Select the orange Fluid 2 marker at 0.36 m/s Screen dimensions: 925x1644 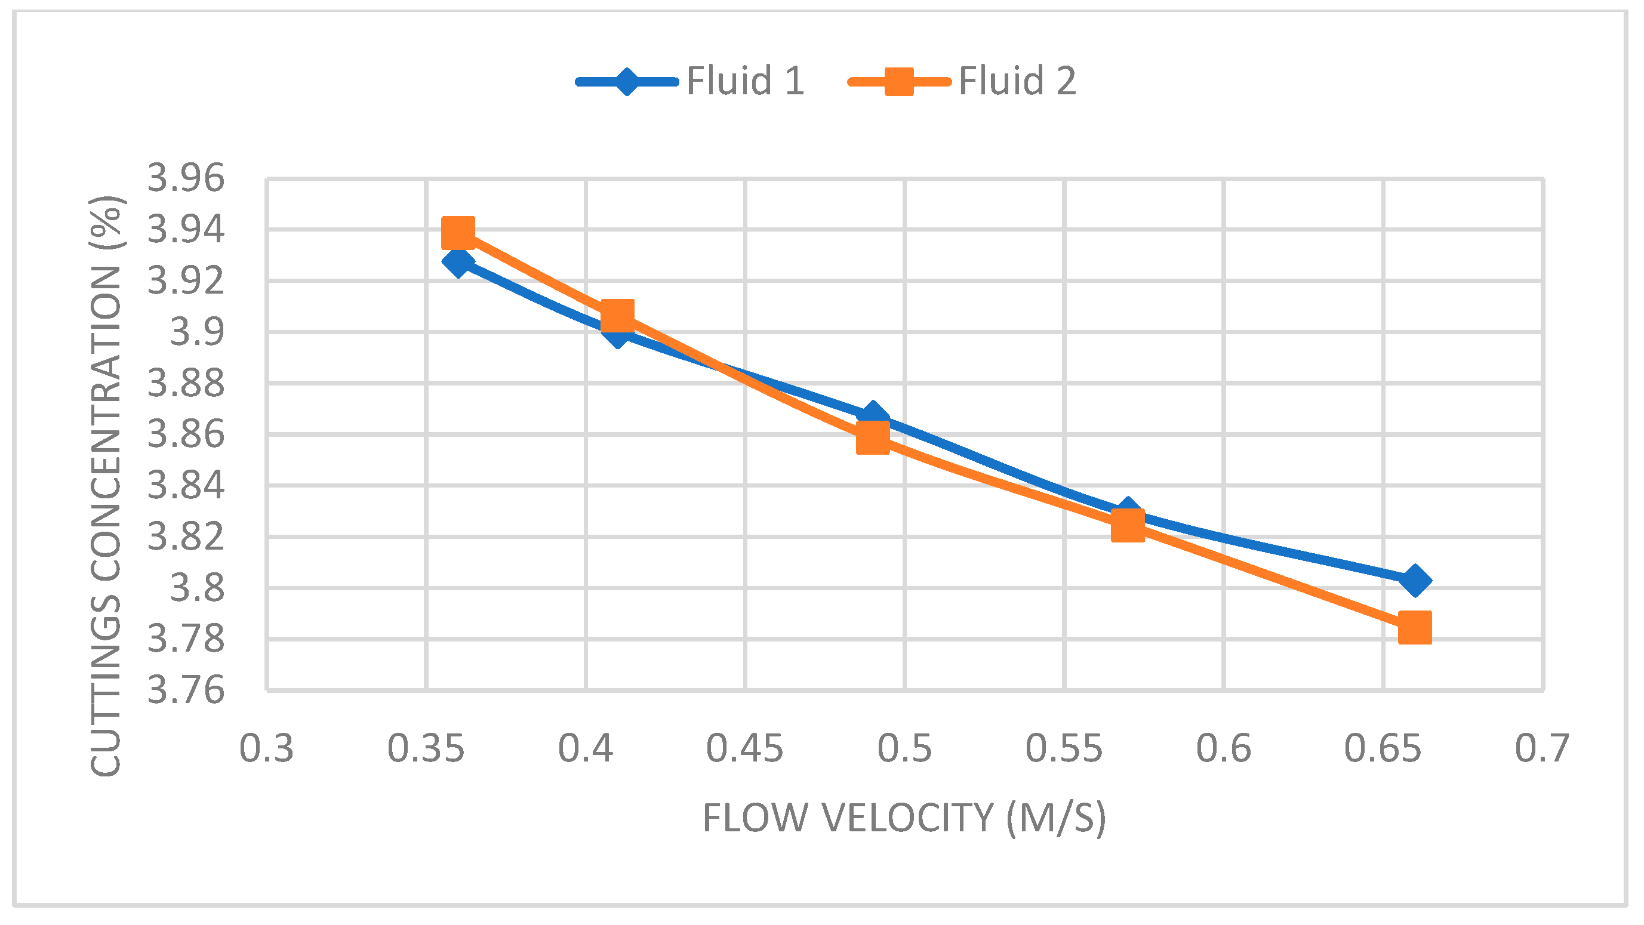458,232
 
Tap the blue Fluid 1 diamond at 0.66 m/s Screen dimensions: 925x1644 1414,581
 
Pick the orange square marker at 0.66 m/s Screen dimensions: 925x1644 1414,627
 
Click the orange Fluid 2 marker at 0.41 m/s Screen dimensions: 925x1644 617,315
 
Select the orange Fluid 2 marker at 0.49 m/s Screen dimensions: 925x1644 872,437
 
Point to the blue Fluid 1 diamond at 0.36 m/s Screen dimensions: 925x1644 458,261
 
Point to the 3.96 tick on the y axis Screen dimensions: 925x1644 186,178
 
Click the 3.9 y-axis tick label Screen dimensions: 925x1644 196,332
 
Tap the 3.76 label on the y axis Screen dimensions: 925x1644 186,690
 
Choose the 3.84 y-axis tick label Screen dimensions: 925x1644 186,485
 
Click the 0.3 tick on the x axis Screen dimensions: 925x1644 266,748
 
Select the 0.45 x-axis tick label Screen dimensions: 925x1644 744,748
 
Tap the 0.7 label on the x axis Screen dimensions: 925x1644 1542,748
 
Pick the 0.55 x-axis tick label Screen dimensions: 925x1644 1063,748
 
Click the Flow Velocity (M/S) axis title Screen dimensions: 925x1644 904,818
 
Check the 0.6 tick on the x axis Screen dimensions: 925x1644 1223,748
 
